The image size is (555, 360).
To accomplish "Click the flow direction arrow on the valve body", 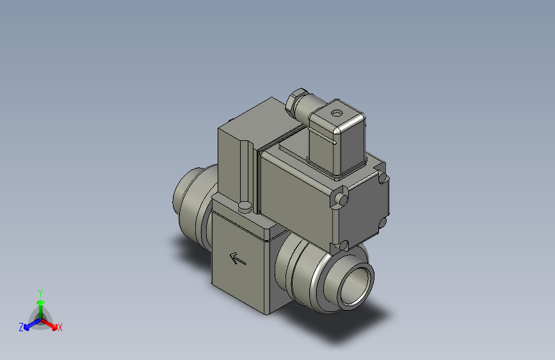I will [237, 259].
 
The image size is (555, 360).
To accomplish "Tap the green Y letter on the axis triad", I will [40, 292].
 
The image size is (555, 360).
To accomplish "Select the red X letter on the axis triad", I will [60, 327].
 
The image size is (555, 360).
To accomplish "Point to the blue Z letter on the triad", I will [21, 327].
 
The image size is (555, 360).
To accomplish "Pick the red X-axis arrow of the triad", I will [52, 323].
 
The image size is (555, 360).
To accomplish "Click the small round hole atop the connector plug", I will [336, 114].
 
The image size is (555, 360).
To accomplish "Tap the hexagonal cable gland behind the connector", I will [296, 102].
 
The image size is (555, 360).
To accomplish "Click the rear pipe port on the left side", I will [187, 195].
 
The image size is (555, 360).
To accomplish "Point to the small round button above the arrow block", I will [245, 207].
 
